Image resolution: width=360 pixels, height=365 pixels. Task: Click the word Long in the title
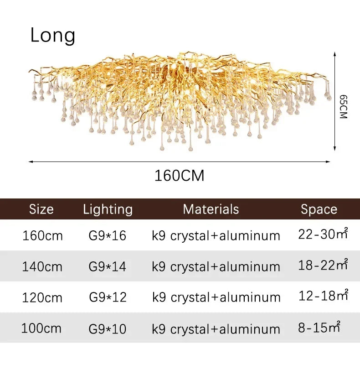(x=53, y=36)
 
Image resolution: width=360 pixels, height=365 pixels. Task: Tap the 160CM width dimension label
(x=179, y=175)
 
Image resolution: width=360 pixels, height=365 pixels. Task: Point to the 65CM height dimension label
(x=344, y=107)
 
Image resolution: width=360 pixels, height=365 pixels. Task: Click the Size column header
(x=41, y=209)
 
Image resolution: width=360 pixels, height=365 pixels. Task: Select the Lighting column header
(x=108, y=209)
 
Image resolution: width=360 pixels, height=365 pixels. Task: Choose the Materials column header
(x=211, y=209)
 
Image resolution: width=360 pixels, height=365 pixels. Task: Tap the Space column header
(x=319, y=209)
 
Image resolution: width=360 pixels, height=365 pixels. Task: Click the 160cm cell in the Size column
(x=42, y=236)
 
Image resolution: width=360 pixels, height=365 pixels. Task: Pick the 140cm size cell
(x=42, y=266)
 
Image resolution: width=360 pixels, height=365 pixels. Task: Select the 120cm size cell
(x=42, y=297)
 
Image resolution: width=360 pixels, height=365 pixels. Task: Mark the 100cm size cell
(x=41, y=328)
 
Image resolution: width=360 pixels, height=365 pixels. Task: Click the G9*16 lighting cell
(x=108, y=236)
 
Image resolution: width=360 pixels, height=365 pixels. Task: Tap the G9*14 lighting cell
(x=108, y=266)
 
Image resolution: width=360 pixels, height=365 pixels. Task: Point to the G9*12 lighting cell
(x=108, y=297)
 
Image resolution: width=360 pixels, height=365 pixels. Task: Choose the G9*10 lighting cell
(x=108, y=328)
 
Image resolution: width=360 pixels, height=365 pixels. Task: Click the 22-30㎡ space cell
(x=323, y=235)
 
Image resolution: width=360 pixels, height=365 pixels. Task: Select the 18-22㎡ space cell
(x=323, y=265)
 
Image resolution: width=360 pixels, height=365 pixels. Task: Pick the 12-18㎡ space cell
(x=323, y=296)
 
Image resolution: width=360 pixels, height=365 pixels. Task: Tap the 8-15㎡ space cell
(x=319, y=327)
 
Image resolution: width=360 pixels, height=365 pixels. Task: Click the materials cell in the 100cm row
(x=216, y=329)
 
